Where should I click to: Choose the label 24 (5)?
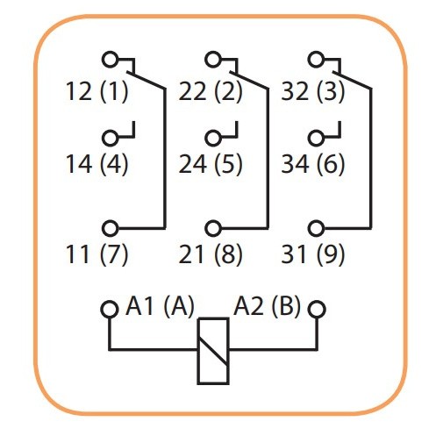coord(211,164)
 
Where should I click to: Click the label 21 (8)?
coord(211,255)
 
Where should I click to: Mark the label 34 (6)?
coord(313,164)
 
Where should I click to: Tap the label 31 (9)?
coord(313,255)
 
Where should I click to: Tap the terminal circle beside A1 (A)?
coord(109,310)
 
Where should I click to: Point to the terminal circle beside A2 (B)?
coord(318,310)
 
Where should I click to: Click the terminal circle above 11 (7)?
coord(110,227)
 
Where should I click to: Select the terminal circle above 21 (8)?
coord(212,227)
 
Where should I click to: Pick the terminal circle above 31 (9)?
coord(315,227)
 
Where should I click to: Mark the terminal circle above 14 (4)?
coord(110,138)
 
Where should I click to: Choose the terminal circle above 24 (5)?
coord(212,138)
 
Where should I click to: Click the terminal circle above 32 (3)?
coord(315,60)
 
